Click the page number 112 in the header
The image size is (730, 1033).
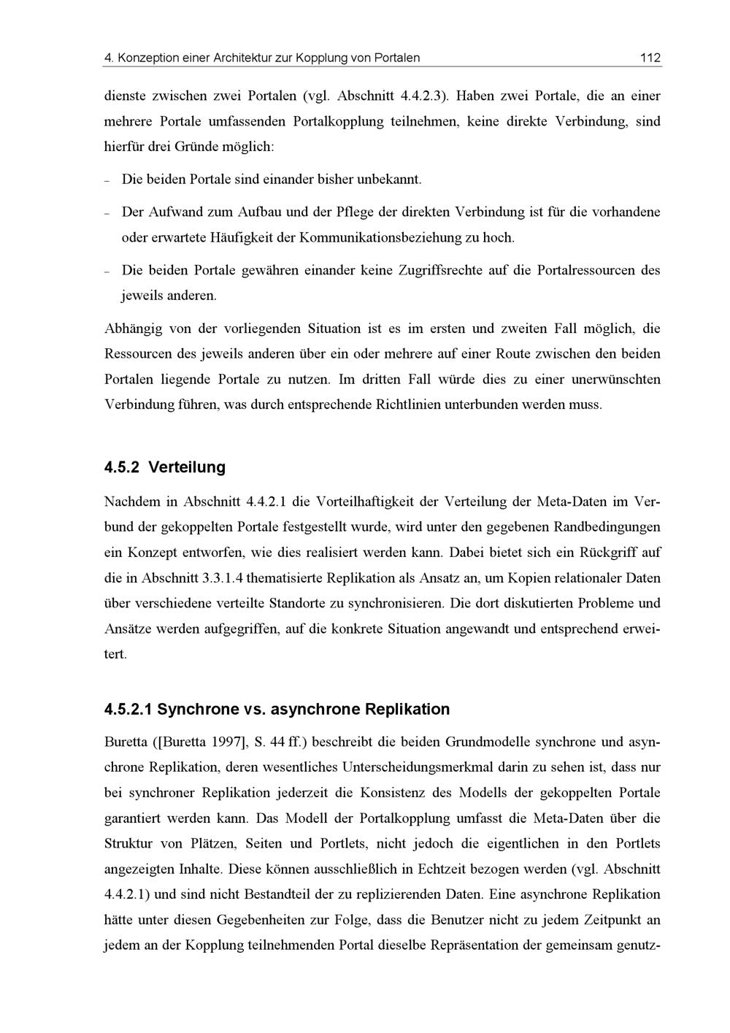[x=650, y=58]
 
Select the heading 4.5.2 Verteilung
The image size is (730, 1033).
[x=165, y=467]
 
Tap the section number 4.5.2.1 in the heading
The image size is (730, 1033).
[x=128, y=710]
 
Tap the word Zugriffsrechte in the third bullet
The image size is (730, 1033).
[x=440, y=271]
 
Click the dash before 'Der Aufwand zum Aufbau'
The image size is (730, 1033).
[x=107, y=213]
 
